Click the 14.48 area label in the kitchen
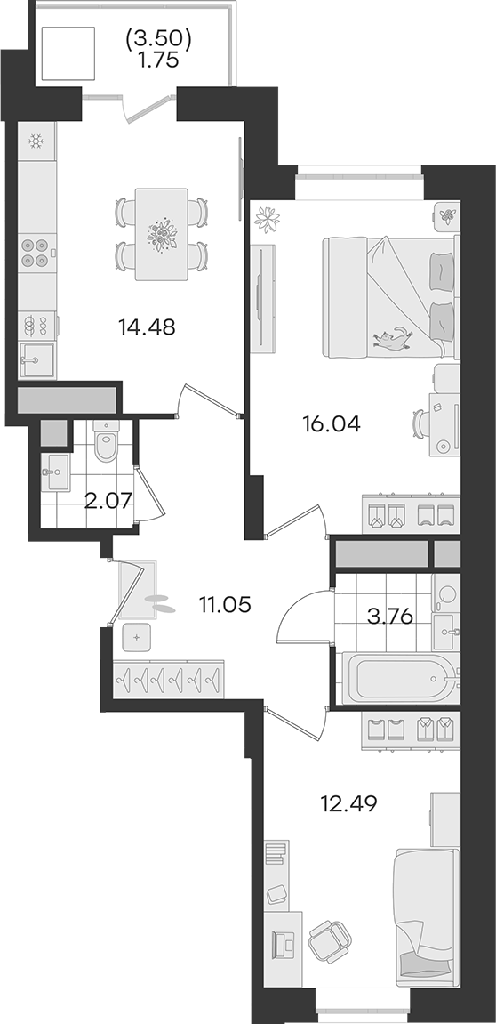coord(147,327)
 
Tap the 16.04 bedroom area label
coord(331,424)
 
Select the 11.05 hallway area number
coord(225,605)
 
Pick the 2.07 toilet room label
coord(109,501)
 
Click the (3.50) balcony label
coord(158,41)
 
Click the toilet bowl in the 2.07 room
coord(105,440)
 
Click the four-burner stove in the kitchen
coord(36,253)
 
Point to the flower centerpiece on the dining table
coord(161,235)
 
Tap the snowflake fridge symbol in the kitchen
coord(36,141)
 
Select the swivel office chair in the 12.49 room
coord(330,941)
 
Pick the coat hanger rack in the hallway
coord(168,679)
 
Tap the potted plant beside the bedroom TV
coord(267,219)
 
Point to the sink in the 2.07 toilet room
coord(55,472)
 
